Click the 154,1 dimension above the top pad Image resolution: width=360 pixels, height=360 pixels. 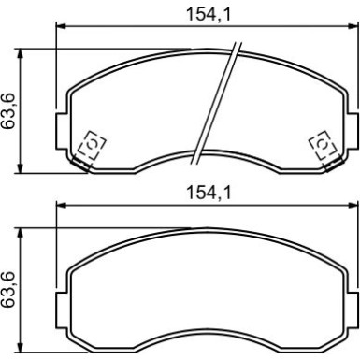pos(209,14)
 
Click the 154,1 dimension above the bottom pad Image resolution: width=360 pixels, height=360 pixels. pos(209,193)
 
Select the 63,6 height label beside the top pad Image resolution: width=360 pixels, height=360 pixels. pos(8,110)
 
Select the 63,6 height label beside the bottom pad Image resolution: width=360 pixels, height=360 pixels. pos(8,290)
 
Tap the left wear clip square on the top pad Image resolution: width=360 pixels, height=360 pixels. pos(92,145)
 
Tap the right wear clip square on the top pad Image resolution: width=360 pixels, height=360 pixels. pos(324,145)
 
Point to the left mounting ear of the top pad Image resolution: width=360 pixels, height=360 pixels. pos(62,131)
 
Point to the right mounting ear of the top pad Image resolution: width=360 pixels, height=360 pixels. pos(352,131)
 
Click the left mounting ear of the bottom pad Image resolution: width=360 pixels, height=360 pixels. pos(62,310)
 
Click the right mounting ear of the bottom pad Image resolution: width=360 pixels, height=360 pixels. pos(352,310)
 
